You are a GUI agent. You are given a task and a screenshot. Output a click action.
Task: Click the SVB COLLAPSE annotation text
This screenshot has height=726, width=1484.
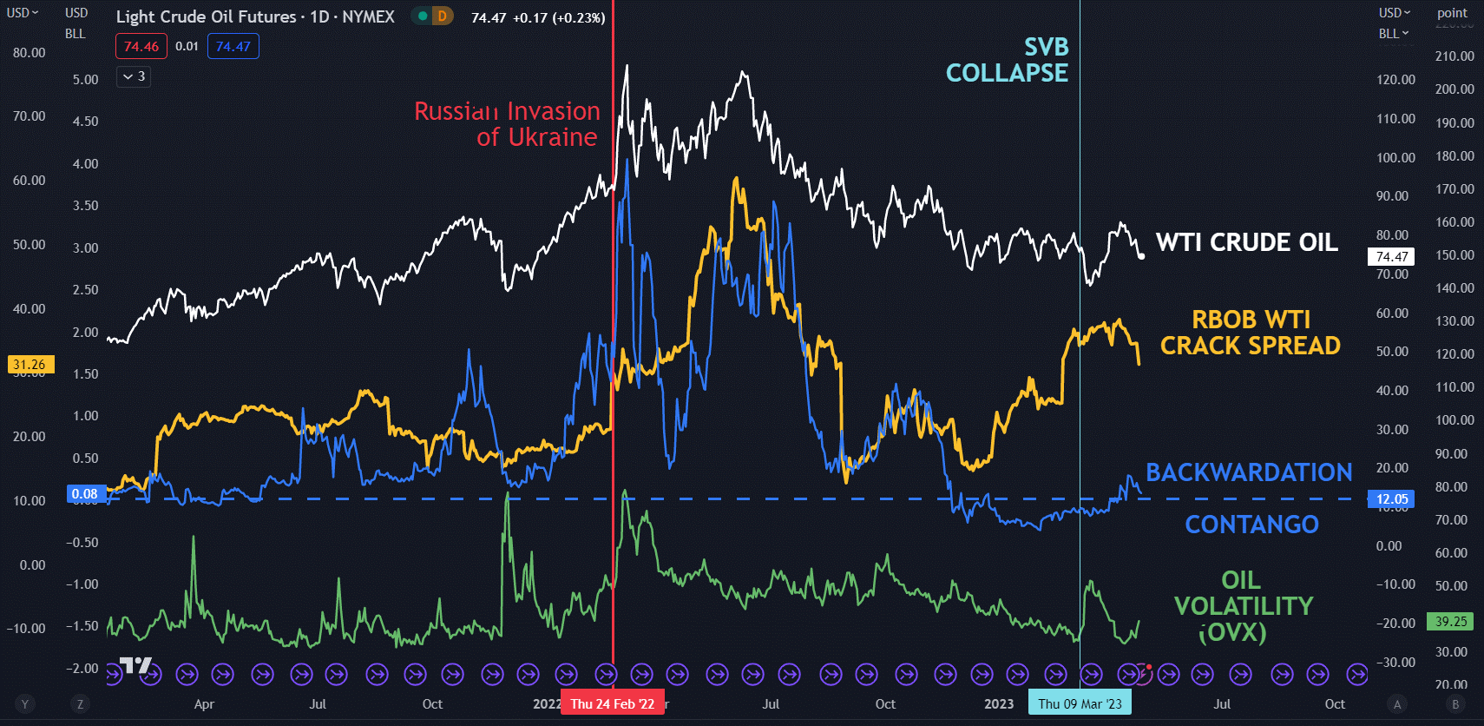pos(1008,60)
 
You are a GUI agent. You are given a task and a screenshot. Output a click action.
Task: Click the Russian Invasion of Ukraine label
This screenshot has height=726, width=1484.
pos(507,124)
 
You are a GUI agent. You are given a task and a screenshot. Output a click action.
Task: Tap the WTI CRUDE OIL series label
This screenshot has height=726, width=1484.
pos(1246,242)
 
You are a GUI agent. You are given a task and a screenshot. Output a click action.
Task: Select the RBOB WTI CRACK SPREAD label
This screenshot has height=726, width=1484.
pos(1250,333)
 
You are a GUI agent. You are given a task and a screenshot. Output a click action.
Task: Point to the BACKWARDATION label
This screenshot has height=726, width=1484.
pos(1249,472)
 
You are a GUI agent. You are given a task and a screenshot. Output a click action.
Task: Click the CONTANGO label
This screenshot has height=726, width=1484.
pos(1251,525)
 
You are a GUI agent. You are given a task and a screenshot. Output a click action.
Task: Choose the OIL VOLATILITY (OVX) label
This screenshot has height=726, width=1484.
pos(1243,606)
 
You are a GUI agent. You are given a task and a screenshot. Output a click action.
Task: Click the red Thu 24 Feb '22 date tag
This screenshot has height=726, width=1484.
pos(612,703)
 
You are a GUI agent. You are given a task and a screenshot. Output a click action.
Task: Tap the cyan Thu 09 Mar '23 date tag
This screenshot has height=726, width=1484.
pos(1080,703)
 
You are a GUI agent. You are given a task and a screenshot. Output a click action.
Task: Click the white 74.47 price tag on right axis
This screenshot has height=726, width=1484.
pos(1391,256)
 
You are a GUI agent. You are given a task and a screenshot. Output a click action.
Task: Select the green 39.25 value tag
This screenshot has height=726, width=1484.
pos(1450,621)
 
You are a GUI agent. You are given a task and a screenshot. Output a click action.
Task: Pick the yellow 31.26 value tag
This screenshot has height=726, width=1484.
pos(30,365)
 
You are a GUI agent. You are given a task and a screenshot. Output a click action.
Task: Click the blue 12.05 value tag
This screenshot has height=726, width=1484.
pos(1391,498)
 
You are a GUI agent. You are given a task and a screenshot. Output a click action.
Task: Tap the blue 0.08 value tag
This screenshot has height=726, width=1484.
pos(85,494)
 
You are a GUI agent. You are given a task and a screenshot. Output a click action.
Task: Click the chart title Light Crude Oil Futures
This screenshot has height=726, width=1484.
pos(206,16)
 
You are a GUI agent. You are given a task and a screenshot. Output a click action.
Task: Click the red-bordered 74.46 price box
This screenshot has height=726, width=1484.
pos(141,46)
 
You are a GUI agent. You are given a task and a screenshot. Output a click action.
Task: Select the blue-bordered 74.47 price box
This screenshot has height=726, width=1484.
pos(233,46)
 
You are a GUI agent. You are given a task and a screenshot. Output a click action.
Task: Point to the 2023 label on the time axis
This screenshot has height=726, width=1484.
pos(999,703)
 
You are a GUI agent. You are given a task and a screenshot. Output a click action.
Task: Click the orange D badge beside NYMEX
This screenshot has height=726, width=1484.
pos(442,16)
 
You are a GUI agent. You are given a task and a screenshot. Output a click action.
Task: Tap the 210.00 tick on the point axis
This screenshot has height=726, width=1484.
pos(1454,56)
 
